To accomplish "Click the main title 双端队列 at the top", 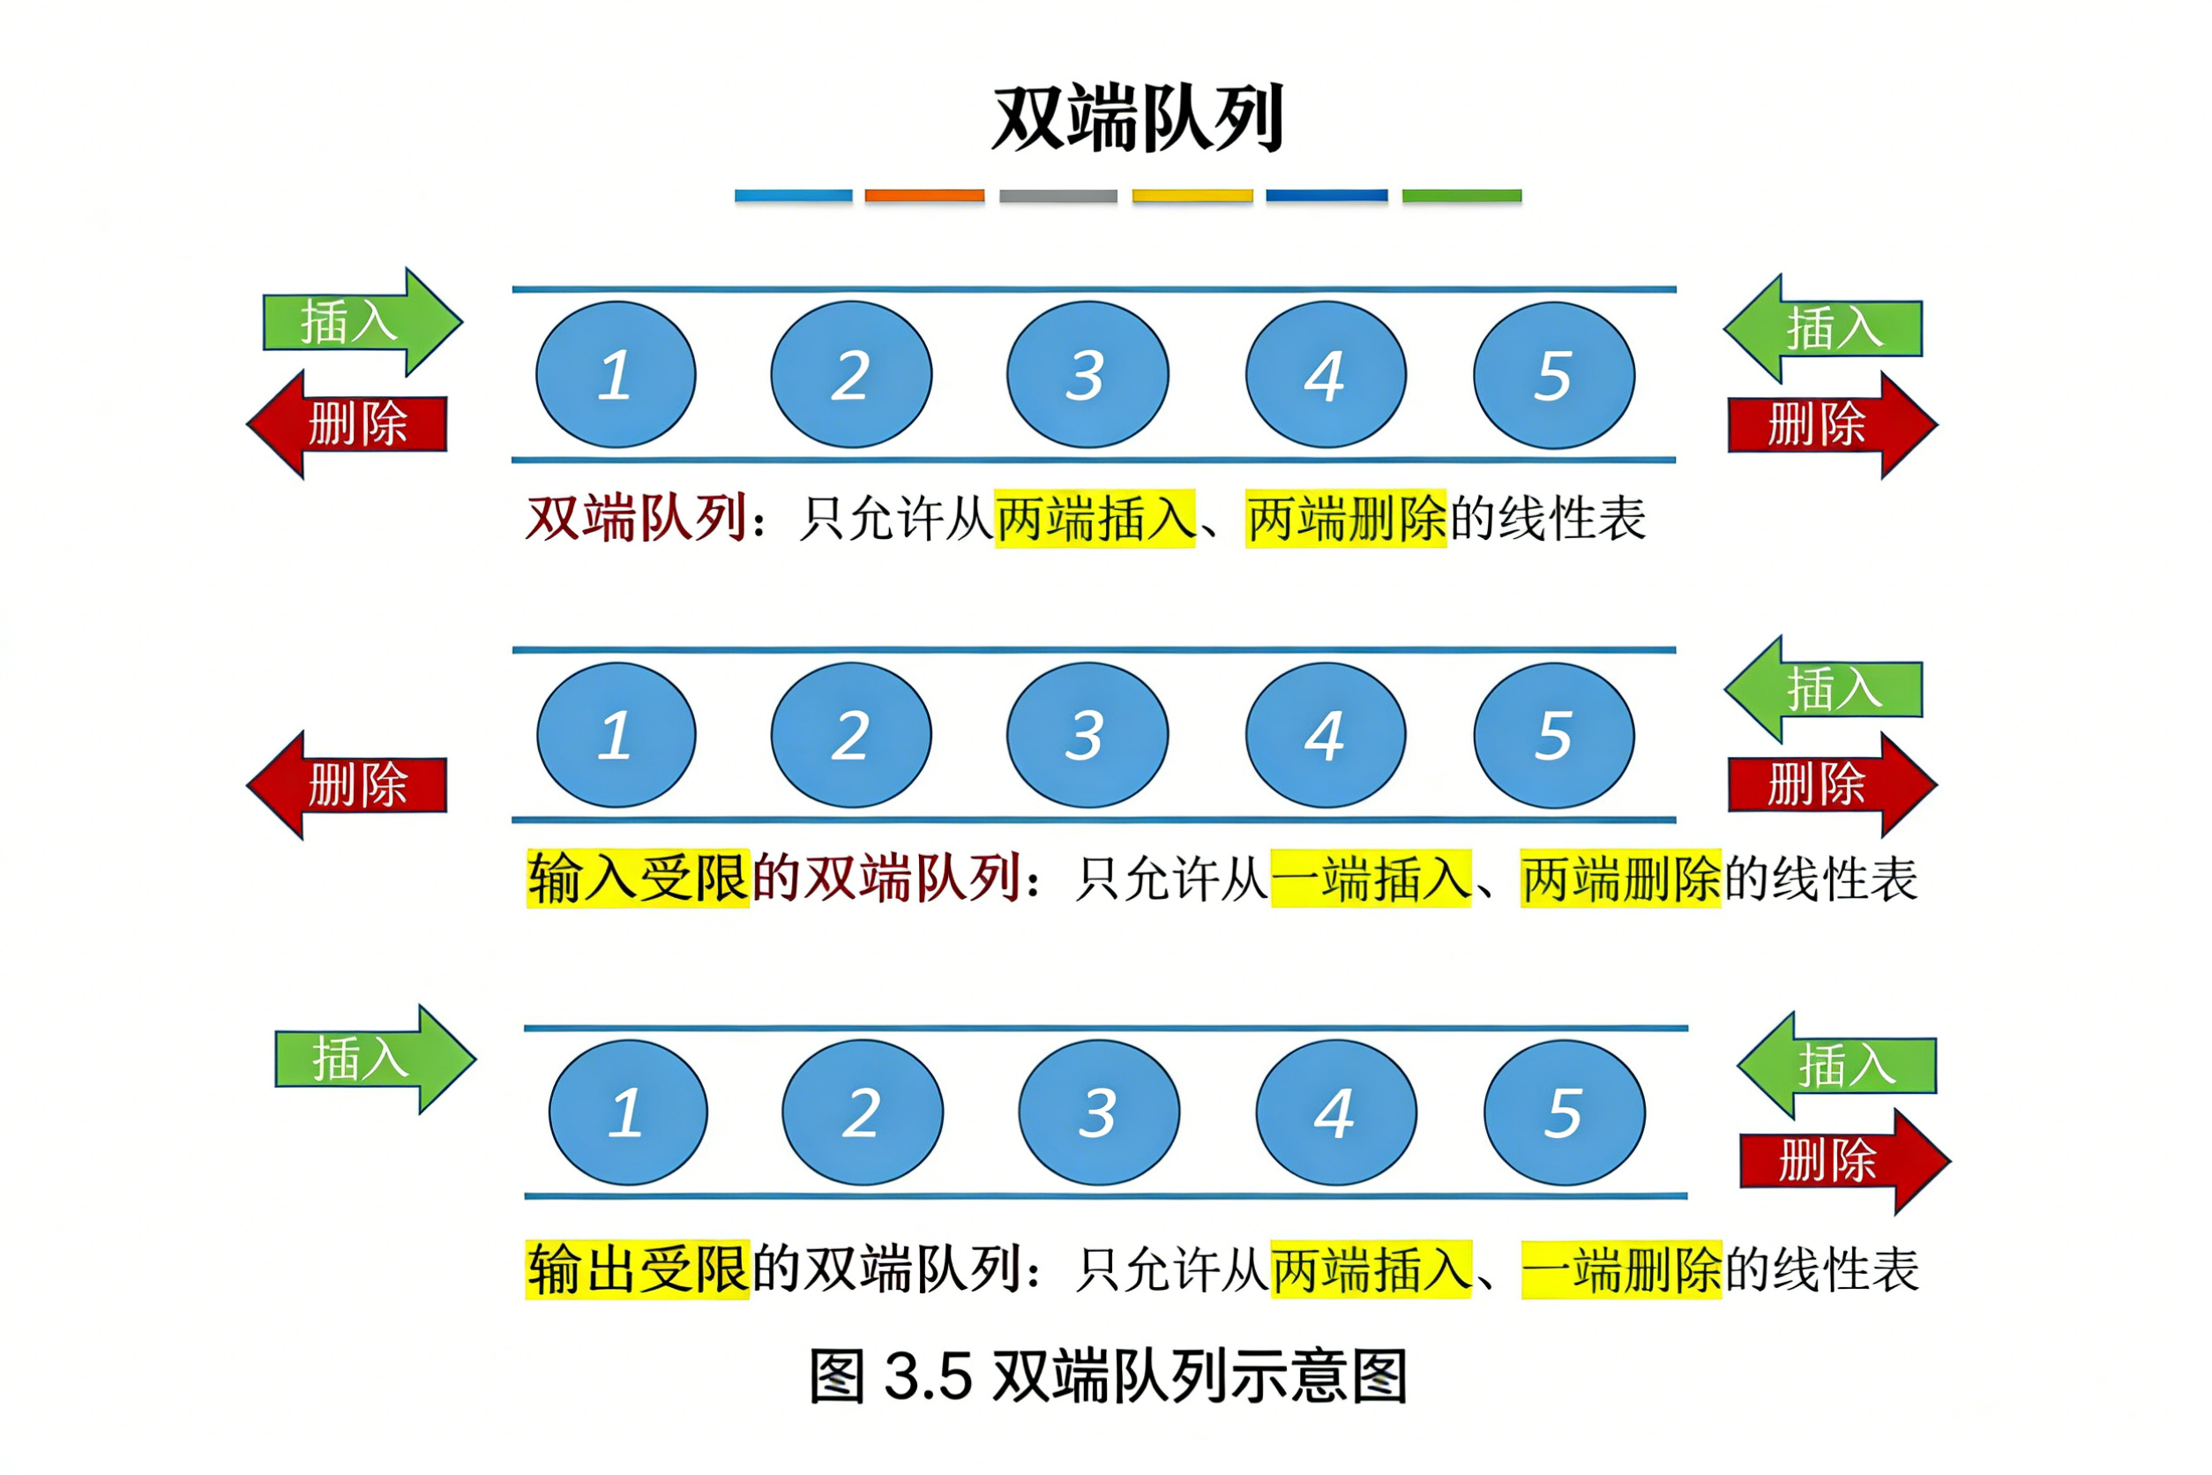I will (1138, 118).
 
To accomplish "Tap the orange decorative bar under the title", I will (924, 196).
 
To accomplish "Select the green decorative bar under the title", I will (1461, 196).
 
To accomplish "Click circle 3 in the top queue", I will (1087, 374).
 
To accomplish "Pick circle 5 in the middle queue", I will (1554, 735).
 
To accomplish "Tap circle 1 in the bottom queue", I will (627, 1112).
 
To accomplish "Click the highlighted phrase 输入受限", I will (638, 879).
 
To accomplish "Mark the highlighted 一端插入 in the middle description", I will (1371, 879).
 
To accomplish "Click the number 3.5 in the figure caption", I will (927, 1376).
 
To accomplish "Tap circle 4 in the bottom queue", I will (1335, 1112).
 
